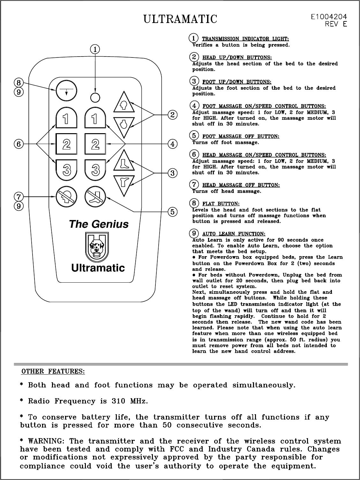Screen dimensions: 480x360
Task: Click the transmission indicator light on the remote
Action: click(x=95, y=96)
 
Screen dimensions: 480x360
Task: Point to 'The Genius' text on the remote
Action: click(x=99, y=224)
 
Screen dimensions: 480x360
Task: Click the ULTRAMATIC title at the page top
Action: click(x=180, y=19)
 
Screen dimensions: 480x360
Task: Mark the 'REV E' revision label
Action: click(x=336, y=24)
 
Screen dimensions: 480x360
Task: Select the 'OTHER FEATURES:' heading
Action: click(x=53, y=371)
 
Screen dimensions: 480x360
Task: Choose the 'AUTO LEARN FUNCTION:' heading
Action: click(x=234, y=234)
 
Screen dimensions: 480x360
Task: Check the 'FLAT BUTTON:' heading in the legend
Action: click(x=221, y=204)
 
